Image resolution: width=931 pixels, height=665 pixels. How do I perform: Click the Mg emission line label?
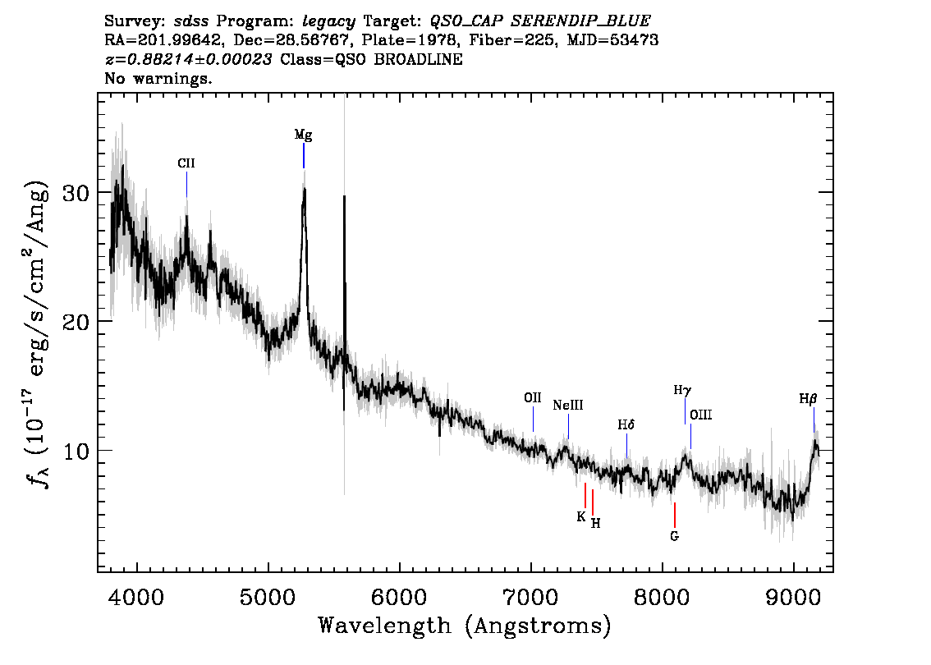coord(304,135)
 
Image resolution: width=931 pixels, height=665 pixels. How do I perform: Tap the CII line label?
coord(186,163)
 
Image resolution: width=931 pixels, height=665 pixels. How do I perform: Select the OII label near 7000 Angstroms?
coord(533,398)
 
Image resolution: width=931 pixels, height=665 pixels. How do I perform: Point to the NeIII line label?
coord(568,406)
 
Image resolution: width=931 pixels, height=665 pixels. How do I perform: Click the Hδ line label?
coord(626,425)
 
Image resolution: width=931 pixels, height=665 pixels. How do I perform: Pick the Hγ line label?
coord(683,391)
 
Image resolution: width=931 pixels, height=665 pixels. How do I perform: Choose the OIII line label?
coord(701,415)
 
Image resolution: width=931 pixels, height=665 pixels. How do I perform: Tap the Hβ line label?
coord(809,400)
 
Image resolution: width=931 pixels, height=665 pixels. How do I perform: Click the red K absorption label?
coord(581,517)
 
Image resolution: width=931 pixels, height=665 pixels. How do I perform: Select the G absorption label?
coord(675,537)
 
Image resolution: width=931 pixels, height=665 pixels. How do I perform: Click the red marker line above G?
coord(675,515)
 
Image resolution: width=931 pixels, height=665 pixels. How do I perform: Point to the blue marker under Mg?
coord(304,155)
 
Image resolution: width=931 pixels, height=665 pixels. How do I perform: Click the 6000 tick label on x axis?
coord(400,597)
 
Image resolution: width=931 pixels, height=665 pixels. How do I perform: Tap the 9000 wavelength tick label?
coord(793,597)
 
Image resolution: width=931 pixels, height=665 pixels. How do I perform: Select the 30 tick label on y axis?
coord(76,193)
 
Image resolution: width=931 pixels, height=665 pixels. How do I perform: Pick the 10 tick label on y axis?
coord(76,451)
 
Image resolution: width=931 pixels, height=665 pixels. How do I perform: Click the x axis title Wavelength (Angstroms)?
coord(465,626)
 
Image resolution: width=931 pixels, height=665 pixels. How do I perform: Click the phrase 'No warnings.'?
coord(158,79)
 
